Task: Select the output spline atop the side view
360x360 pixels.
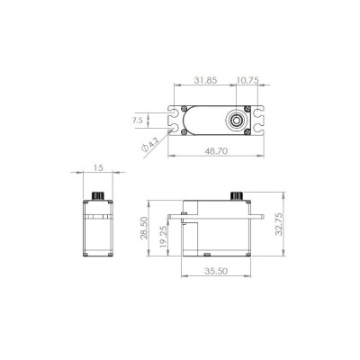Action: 238,197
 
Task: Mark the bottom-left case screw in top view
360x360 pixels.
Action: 184,132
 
